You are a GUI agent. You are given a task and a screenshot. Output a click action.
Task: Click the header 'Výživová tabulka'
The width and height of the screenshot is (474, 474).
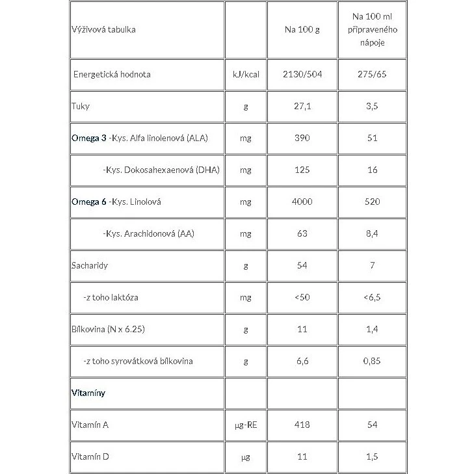click(x=104, y=29)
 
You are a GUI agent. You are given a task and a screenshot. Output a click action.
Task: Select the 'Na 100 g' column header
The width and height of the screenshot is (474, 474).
click(x=302, y=29)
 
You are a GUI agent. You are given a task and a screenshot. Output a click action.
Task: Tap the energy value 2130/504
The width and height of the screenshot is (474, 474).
click(x=302, y=74)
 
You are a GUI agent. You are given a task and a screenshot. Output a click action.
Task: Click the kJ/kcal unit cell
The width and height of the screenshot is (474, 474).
click(x=245, y=74)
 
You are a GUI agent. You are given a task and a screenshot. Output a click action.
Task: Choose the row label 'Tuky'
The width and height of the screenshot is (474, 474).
click(x=81, y=106)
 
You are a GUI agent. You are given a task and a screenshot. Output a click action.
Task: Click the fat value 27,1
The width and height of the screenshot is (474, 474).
click(x=302, y=106)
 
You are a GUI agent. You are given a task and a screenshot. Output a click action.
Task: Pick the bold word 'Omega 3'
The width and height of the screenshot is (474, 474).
click(x=89, y=138)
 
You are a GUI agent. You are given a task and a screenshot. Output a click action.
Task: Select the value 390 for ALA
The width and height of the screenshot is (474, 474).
click(x=302, y=138)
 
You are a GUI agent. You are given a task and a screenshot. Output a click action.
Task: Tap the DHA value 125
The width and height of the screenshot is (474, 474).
click(x=302, y=170)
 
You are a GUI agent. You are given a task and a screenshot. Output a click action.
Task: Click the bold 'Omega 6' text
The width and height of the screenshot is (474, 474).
click(x=89, y=202)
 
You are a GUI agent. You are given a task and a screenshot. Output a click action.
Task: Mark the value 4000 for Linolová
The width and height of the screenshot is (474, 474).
click(x=302, y=202)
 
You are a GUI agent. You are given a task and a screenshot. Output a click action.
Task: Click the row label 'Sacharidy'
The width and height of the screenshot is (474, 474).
click(x=90, y=265)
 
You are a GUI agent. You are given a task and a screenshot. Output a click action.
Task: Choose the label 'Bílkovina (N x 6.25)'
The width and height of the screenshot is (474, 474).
click(x=107, y=329)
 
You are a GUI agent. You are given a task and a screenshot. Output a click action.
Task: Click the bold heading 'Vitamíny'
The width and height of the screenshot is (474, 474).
click(x=88, y=393)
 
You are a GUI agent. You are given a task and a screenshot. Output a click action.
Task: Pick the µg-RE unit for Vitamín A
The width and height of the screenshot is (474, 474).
click(x=245, y=425)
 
